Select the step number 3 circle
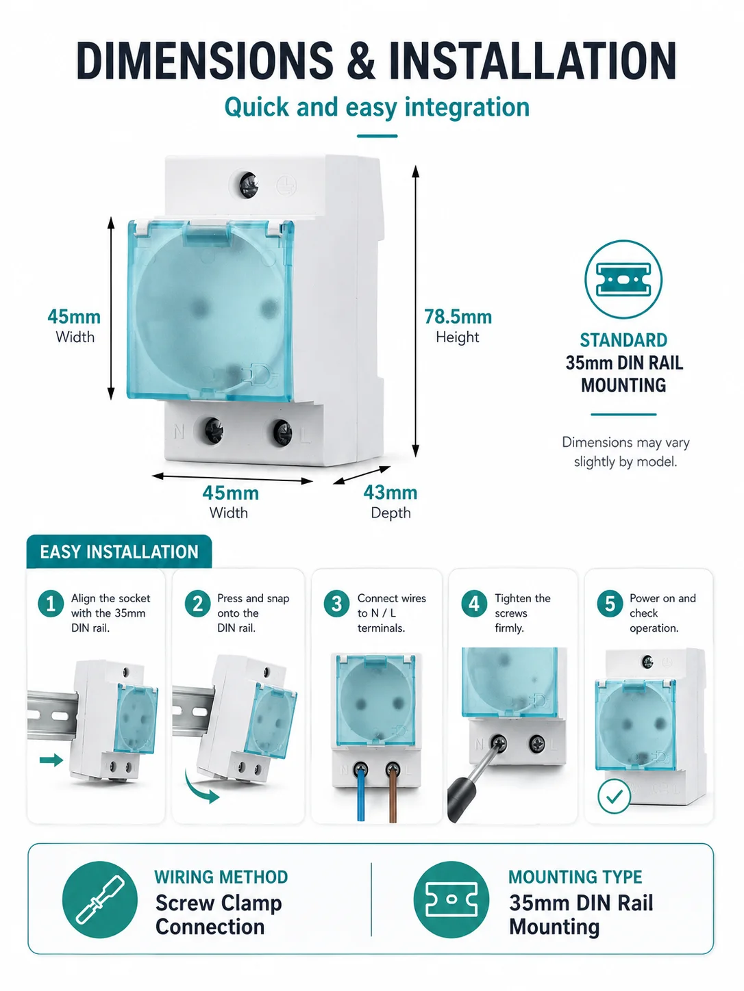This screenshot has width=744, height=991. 336,604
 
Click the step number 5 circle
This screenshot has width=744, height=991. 610,604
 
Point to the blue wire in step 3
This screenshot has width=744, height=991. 360,794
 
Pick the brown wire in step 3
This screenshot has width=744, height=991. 393,794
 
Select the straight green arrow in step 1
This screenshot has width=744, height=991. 51,760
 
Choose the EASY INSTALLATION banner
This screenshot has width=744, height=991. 119,551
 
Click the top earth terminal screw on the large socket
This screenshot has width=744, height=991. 249,185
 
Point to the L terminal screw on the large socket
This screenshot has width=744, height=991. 282,432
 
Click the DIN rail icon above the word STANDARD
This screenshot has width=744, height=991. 623,279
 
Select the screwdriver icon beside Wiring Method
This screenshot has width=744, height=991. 100,899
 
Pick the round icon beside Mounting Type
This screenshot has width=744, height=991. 451,899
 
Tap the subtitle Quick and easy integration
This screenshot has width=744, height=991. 377,107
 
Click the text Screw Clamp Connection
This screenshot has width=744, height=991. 219,915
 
